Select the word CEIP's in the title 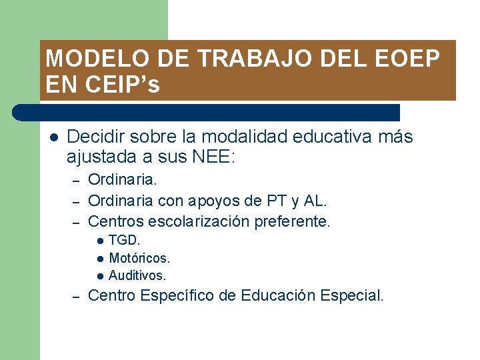122,85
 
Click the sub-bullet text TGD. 124,241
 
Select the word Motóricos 139,258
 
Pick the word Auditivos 137,275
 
